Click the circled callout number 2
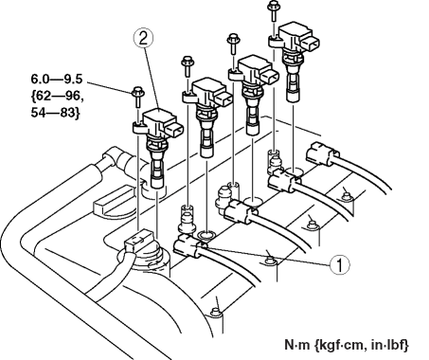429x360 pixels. click(x=143, y=39)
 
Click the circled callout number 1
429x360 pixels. click(x=340, y=264)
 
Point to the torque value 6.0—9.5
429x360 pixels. click(x=57, y=79)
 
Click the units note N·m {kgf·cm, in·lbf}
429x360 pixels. click(x=347, y=345)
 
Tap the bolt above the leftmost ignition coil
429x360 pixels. click(x=138, y=97)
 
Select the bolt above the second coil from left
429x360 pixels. click(x=188, y=65)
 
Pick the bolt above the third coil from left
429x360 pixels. click(x=233, y=44)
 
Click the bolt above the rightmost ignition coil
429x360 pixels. click(x=273, y=10)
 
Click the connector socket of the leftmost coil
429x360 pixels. click(x=174, y=130)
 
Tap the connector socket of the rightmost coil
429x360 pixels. click(x=311, y=43)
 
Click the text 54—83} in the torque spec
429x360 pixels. click(x=55, y=113)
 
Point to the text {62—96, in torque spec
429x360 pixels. click(x=58, y=96)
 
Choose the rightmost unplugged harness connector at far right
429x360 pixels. click(x=323, y=153)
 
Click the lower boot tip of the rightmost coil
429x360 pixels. click(x=293, y=96)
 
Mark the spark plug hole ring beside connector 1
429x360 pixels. click(x=206, y=235)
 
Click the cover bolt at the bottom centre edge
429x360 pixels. click(x=215, y=312)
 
